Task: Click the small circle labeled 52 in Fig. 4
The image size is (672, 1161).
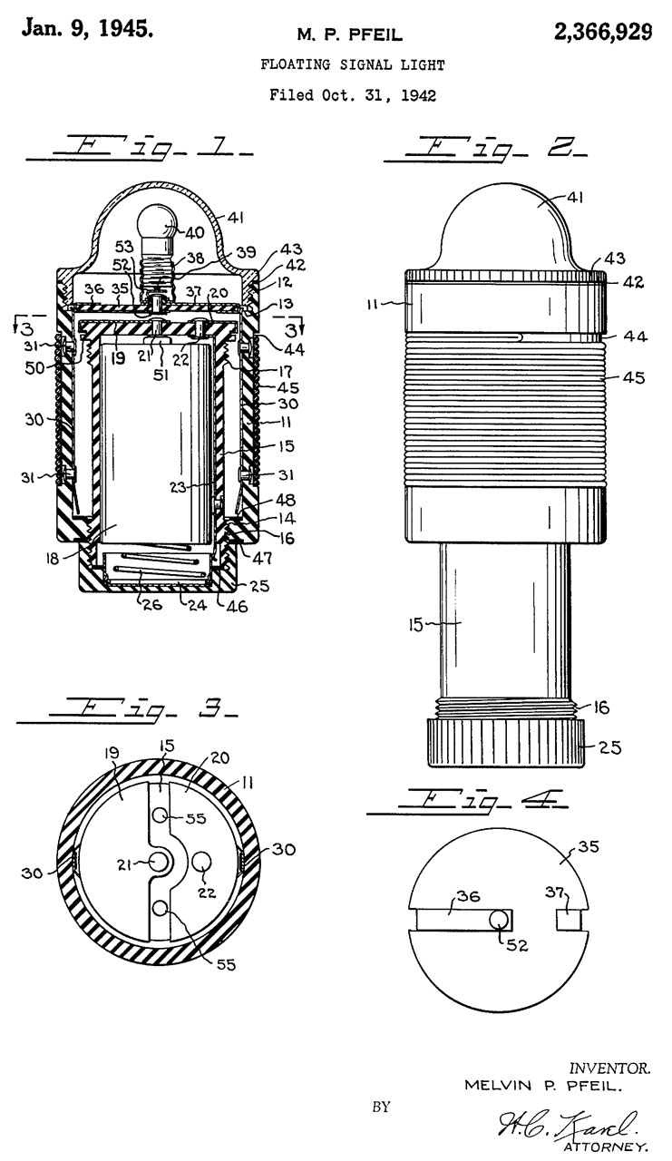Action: click(499, 919)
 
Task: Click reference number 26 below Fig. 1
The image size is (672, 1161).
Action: click(151, 604)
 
